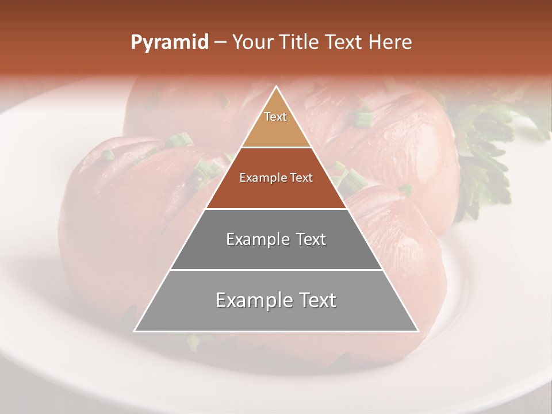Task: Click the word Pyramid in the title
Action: pos(169,43)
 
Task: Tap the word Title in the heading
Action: pos(301,42)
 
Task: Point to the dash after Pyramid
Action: pos(220,43)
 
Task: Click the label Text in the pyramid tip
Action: pos(275,117)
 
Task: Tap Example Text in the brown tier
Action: pos(276,178)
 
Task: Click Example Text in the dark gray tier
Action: pos(276,239)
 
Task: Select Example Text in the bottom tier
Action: pos(276,300)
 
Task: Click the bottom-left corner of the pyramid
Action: pos(135,331)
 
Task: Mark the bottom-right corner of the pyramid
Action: pos(418,331)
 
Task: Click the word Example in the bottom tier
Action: pos(250,300)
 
